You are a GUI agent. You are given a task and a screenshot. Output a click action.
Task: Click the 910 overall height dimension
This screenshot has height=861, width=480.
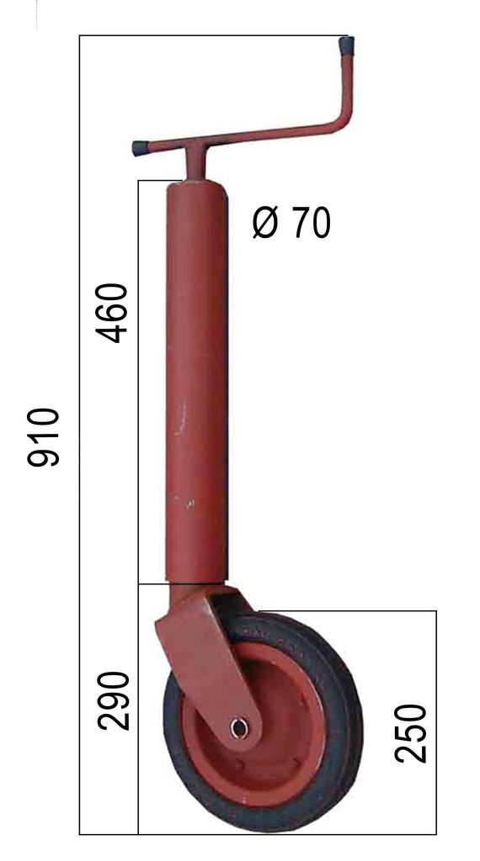tap(43, 437)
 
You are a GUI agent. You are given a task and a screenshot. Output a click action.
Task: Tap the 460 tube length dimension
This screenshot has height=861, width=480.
tap(112, 313)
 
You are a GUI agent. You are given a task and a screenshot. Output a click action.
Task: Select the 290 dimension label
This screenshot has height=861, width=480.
tap(114, 700)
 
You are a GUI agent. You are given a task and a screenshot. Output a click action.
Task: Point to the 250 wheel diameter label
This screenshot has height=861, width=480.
tap(411, 733)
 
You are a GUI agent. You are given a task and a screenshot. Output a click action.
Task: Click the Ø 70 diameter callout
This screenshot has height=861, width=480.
tap(291, 223)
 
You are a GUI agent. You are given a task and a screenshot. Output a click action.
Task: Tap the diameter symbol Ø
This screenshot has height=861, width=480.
tap(264, 224)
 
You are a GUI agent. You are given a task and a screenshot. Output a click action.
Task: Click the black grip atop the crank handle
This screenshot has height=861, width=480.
tap(346, 46)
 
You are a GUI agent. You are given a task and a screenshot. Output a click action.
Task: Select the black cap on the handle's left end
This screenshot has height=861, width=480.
tap(140, 148)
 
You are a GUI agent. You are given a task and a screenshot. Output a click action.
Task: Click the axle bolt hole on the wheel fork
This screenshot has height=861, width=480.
tap(239, 728)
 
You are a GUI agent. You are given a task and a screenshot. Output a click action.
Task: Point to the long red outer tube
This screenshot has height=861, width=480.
tap(197, 383)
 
